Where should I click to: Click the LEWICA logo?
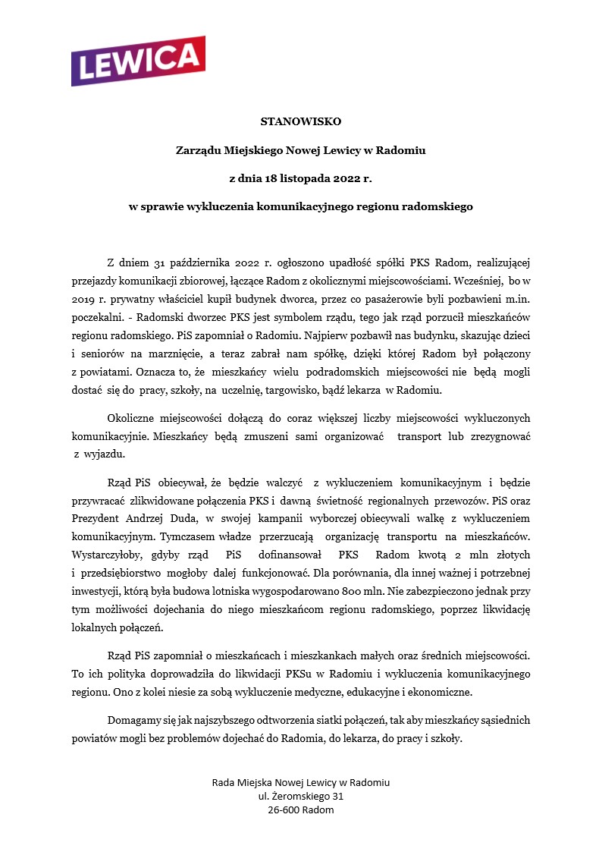[138, 61]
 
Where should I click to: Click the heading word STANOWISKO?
[301, 121]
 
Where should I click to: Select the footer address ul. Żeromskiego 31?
[301, 796]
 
